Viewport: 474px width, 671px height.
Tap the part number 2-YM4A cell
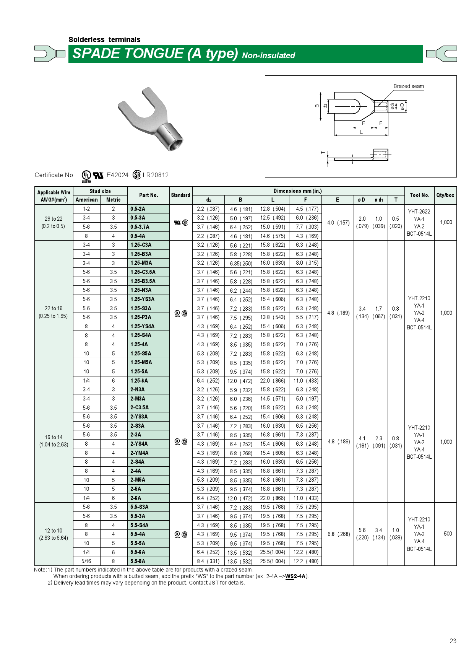point(139,453)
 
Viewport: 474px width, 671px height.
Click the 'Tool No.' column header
point(419,195)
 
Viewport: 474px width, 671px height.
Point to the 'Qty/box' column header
point(445,195)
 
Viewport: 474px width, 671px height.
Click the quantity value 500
point(448,534)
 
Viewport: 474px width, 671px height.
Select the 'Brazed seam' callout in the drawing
point(408,86)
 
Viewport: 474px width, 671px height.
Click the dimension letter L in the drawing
point(361,132)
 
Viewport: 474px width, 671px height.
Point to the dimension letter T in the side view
point(323,153)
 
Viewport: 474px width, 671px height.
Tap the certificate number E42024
point(117,175)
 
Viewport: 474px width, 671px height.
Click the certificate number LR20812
point(156,175)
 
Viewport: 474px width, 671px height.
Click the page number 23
point(453,641)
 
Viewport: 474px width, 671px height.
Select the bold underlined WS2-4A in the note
point(295,577)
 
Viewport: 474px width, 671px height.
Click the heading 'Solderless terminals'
point(104,39)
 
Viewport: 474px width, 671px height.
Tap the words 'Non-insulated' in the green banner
point(268,55)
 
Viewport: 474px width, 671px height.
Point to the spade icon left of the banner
point(49,54)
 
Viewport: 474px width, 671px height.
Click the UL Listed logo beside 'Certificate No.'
point(86,175)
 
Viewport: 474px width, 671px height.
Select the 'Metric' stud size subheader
point(113,200)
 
